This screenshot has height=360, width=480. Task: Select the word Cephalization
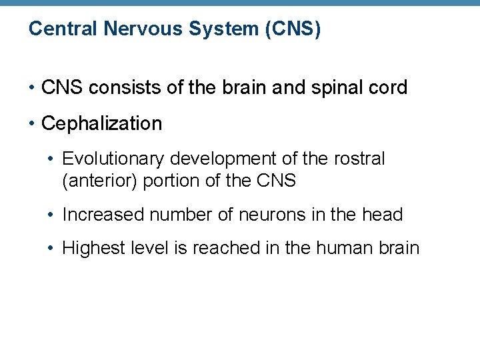(x=101, y=124)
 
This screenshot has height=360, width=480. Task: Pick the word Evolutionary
(x=114, y=159)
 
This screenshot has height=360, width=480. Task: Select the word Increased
(x=103, y=215)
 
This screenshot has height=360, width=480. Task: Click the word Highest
(x=91, y=249)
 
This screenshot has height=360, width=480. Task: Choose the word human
(x=347, y=249)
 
